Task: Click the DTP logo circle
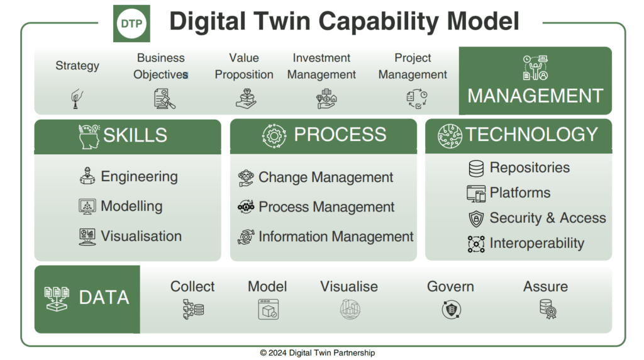131,23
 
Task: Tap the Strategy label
77,65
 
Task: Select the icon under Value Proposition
246,99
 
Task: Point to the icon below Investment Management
326,99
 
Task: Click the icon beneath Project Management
417,99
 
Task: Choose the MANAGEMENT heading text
535,96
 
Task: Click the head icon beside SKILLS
89,136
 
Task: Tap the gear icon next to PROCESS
274,135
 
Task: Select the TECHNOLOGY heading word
531,135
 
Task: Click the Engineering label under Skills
139,177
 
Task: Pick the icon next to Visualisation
87,237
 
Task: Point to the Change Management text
326,177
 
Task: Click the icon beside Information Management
246,237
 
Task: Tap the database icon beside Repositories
476,169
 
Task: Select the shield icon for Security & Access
476,218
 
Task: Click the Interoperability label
537,244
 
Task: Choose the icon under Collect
194,309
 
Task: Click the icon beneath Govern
452,310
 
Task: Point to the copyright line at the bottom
318,352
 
